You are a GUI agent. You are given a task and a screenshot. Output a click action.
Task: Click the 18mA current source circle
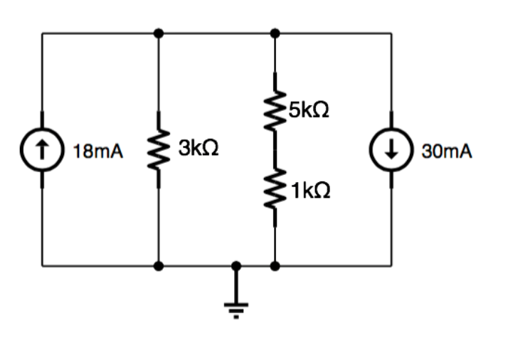[42, 149]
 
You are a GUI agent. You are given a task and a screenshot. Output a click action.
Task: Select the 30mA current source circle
[391, 149]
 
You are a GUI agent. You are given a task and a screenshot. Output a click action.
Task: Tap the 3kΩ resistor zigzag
[158, 150]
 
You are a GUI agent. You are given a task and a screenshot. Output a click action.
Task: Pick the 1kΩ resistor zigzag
[275, 191]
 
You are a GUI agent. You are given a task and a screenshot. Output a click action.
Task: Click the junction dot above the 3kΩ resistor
[158, 33]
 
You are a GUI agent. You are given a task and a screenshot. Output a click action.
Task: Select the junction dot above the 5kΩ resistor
[275, 33]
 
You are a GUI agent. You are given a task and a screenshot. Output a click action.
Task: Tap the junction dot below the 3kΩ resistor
[158, 266]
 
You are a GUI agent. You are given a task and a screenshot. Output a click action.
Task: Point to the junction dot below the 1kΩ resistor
[275, 266]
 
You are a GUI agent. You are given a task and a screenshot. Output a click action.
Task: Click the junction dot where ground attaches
[236, 266]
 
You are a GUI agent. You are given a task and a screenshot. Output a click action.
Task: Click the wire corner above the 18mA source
[42, 33]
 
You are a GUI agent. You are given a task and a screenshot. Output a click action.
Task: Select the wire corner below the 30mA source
[391, 266]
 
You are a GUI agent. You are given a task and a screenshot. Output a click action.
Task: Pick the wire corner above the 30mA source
[391, 33]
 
